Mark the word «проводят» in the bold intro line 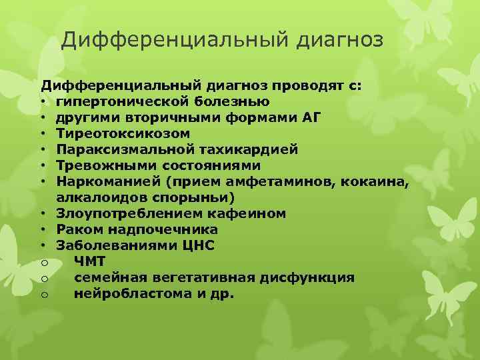(301, 85)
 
